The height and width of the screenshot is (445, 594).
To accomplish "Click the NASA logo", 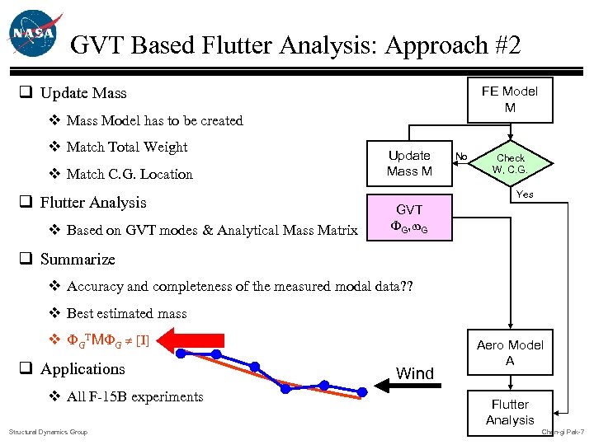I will click(32, 35).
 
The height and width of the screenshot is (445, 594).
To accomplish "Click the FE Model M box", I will click(510, 100).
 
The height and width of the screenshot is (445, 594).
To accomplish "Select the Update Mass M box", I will click(409, 163).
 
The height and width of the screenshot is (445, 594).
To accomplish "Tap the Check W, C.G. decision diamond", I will click(510, 163).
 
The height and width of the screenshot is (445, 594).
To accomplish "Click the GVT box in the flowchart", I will click(410, 218).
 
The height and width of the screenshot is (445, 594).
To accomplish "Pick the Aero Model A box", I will click(510, 354).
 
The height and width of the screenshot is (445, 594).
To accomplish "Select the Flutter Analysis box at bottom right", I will click(510, 412).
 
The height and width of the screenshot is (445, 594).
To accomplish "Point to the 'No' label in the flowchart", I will click(461, 156).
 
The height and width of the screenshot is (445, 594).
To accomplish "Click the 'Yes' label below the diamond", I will click(525, 194).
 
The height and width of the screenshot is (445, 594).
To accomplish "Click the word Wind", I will click(414, 373).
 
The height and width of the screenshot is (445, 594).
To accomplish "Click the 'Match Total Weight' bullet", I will click(127, 148).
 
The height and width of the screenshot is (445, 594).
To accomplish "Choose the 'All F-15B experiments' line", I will click(134, 396).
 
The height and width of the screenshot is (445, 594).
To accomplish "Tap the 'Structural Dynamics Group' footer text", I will click(48, 432).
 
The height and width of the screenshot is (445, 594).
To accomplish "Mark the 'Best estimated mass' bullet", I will click(126, 313).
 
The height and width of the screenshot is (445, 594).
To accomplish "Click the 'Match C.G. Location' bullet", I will click(130, 174).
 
